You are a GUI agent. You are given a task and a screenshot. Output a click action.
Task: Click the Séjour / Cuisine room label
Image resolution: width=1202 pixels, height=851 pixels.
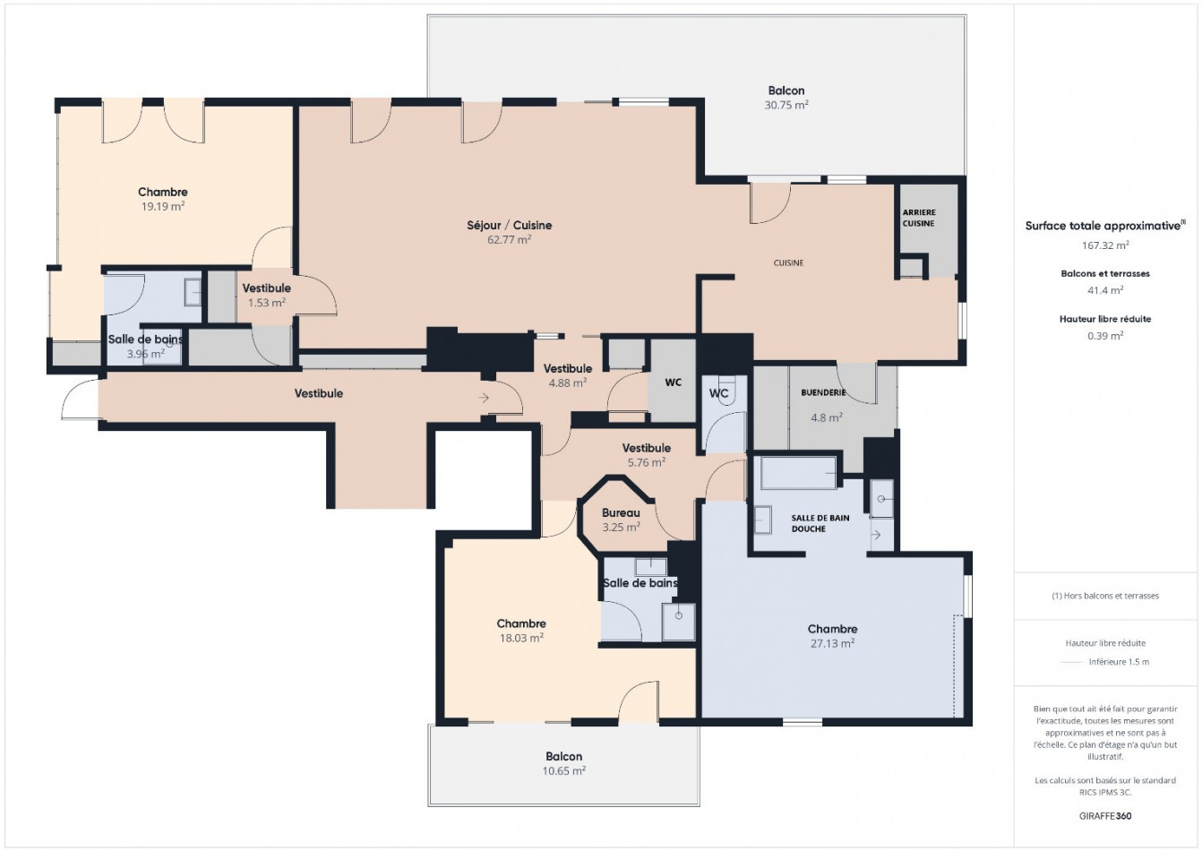coord(509,225)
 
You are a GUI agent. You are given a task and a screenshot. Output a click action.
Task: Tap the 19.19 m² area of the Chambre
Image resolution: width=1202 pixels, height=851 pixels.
coord(162,206)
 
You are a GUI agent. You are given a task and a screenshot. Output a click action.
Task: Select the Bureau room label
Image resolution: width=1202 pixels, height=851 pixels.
coord(621,513)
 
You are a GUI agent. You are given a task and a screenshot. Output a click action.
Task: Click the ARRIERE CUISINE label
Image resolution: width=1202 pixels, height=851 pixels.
coord(918,218)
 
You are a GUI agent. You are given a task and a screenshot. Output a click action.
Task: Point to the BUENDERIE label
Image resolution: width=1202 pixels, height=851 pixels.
coord(823,392)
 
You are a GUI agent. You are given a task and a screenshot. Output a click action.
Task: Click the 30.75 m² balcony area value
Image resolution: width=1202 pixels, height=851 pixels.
coord(786,105)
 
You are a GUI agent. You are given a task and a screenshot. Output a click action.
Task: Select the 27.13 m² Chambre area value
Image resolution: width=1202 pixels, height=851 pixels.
coord(832,643)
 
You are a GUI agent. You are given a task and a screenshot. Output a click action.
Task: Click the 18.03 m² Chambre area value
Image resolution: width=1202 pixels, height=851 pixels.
coord(521,638)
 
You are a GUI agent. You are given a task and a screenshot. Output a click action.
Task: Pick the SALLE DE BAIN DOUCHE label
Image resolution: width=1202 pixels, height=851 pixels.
coord(820,523)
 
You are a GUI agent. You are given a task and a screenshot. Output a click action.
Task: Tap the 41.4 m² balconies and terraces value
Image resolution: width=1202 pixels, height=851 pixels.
coord(1104,289)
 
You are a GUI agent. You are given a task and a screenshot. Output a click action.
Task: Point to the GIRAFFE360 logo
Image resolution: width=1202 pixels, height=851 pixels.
coord(1104,816)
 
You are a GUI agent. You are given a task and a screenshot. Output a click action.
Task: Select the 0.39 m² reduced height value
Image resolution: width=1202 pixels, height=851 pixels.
coord(1104,336)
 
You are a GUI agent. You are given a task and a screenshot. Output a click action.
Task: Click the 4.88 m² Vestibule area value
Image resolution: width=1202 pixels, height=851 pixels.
coord(567,383)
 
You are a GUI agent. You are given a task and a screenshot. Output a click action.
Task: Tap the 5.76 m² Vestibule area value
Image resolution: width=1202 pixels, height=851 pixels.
coord(646,462)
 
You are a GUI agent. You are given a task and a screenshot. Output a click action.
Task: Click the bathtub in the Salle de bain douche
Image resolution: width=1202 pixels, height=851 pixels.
coord(797,472)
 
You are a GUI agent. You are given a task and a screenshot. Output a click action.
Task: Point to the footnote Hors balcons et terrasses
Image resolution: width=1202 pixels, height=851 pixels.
coord(1104,596)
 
